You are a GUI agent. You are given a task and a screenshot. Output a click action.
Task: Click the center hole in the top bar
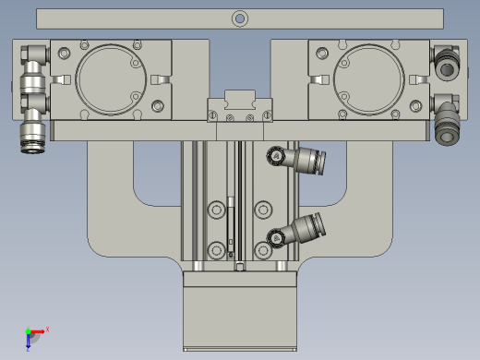pyautogui.click(x=239, y=17)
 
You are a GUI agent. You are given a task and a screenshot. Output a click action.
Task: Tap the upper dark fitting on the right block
pyautogui.click(x=446, y=66)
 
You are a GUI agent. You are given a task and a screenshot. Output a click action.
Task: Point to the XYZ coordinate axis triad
pyautogui.click(x=33, y=336)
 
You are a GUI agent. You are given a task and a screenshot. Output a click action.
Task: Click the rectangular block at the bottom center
pyautogui.click(x=239, y=314)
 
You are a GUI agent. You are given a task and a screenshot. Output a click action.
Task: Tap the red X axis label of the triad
pyautogui.click(x=47, y=329)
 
